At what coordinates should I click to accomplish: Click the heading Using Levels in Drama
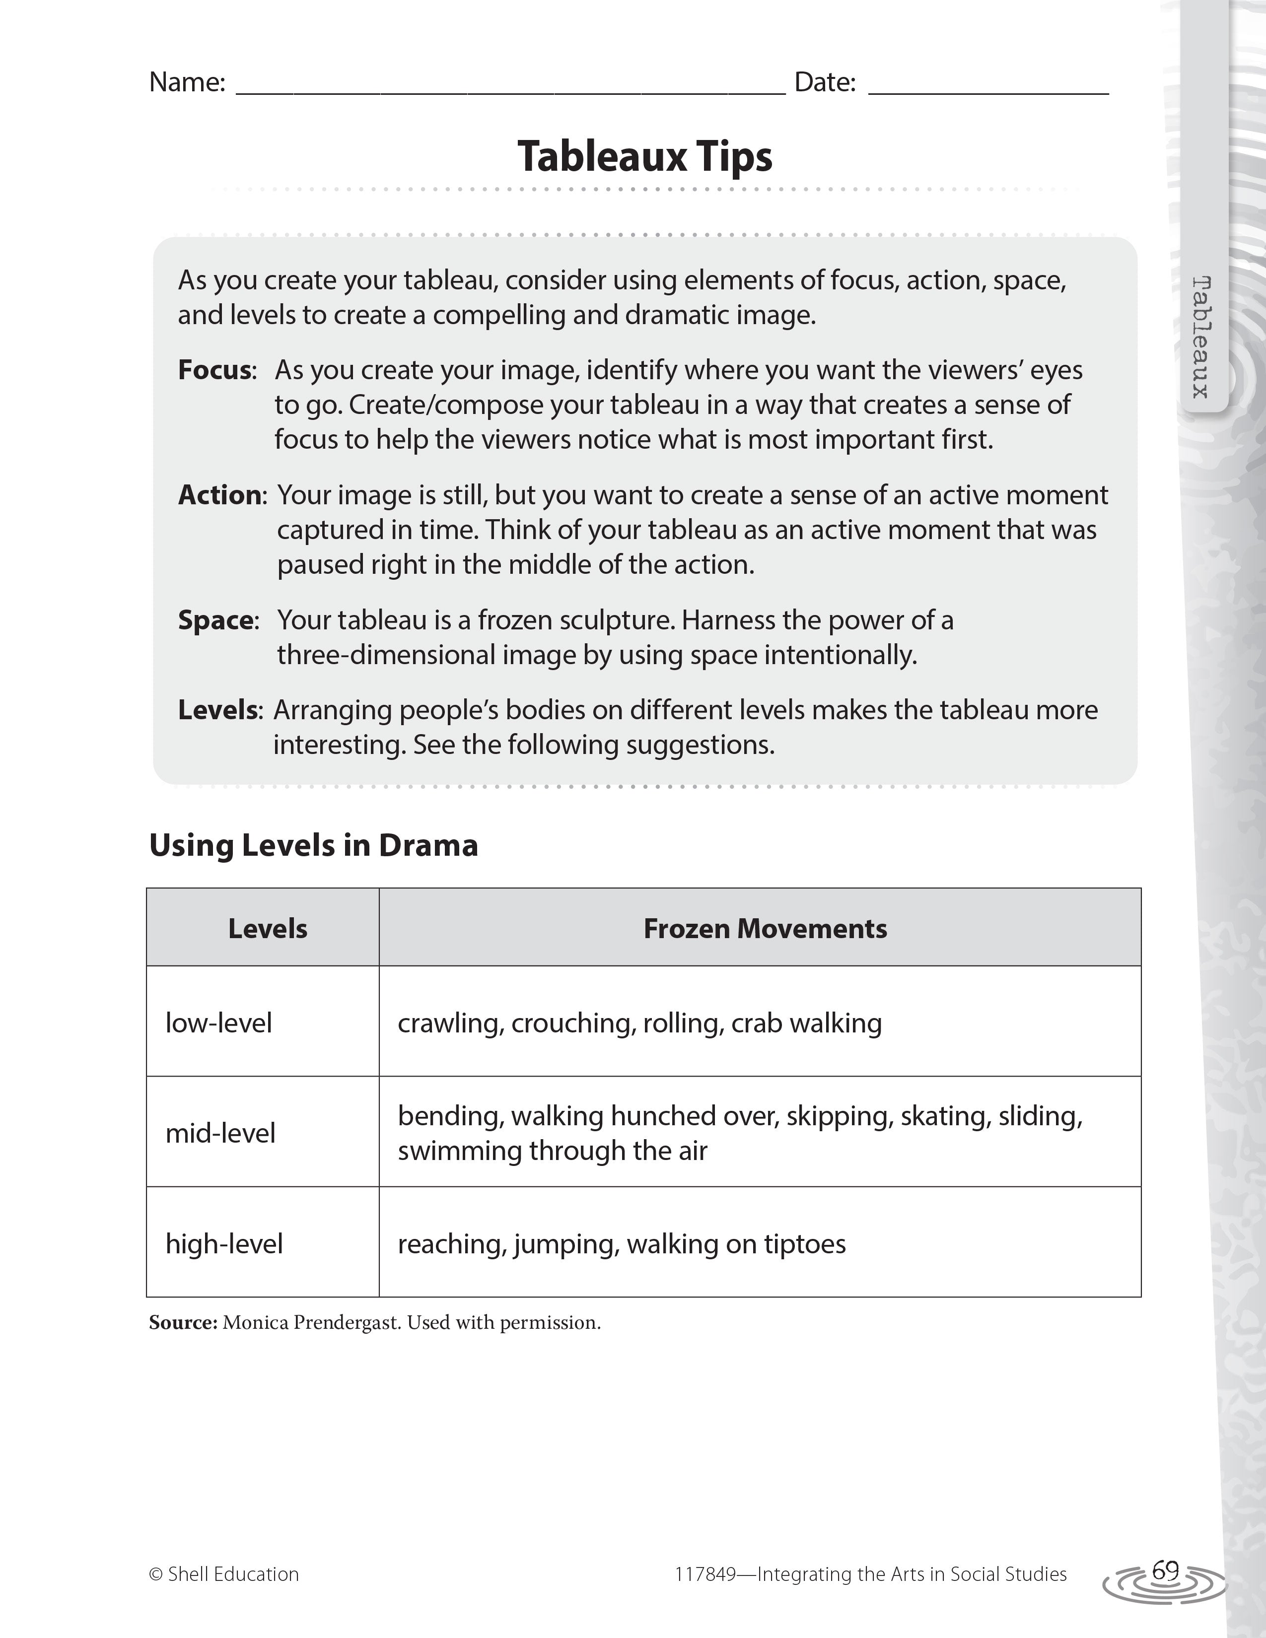point(313,845)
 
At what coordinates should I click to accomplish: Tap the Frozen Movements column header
point(765,929)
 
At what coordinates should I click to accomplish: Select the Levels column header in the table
point(268,929)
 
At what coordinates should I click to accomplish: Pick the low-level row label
point(218,1023)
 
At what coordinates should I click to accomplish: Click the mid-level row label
point(220,1133)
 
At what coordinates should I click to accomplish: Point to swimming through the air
point(552,1151)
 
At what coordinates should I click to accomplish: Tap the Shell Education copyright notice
point(224,1574)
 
